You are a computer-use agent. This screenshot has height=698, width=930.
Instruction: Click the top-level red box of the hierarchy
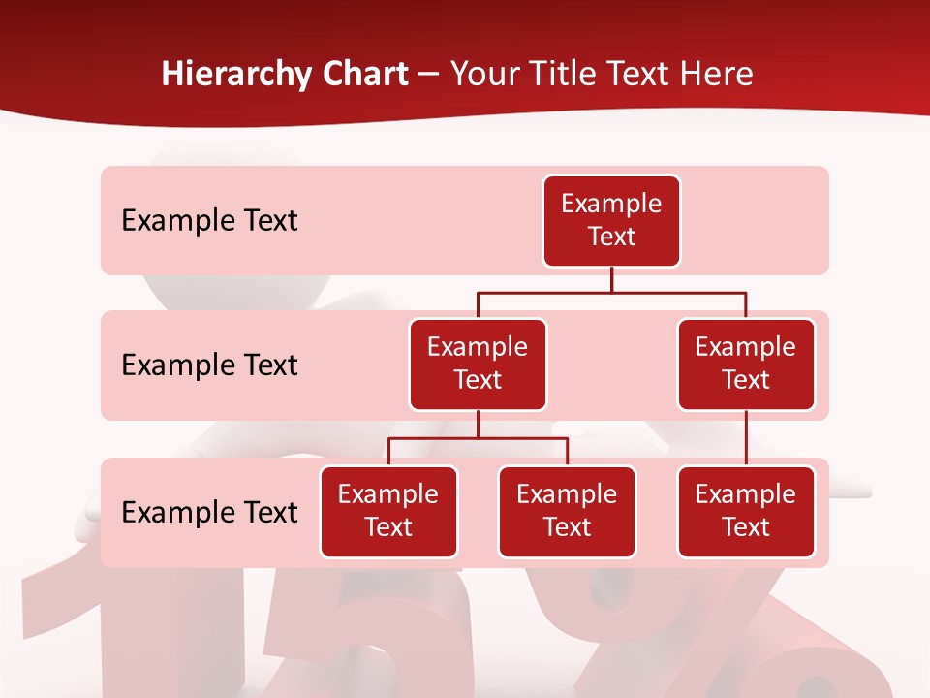[x=611, y=221]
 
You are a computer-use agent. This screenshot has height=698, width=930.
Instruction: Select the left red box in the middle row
[x=478, y=364]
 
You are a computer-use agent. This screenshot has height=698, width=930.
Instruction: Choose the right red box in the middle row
[x=746, y=364]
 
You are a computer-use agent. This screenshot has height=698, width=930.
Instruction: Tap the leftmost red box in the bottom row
[x=388, y=511]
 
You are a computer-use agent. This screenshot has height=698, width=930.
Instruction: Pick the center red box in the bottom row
[x=567, y=511]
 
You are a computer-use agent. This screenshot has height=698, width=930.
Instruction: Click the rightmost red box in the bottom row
[x=746, y=511]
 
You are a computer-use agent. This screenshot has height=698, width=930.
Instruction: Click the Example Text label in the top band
[x=209, y=221]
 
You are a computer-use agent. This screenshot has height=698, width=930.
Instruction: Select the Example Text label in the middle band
[x=209, y=365]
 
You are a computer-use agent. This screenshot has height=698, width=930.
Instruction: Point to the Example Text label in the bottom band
[x=209, y=513]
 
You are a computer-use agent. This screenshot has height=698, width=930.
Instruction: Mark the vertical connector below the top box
[x=611, y=279]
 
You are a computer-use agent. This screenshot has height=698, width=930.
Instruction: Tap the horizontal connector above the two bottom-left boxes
[x=478, y=438]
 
